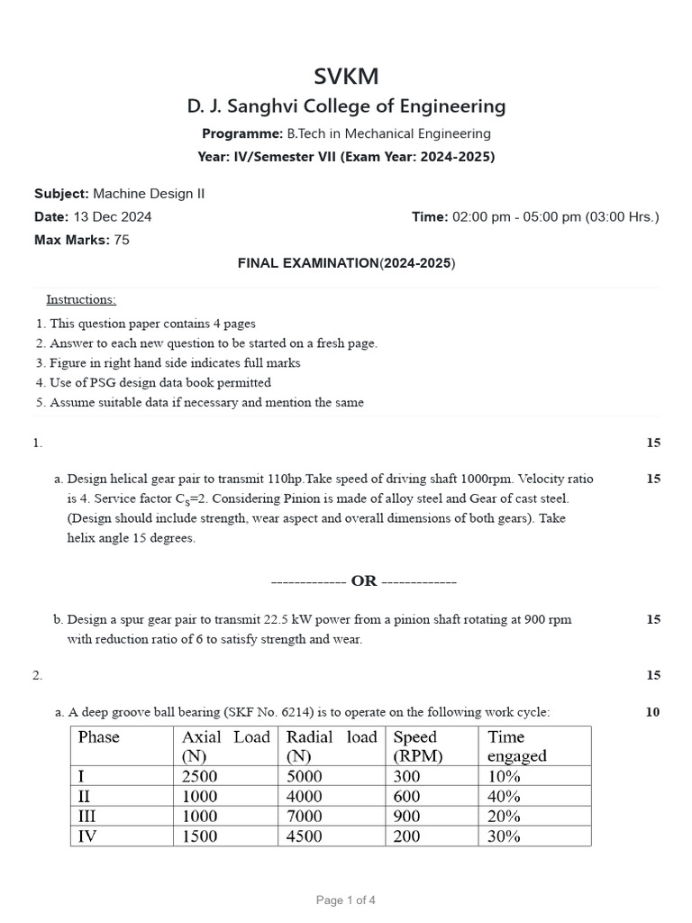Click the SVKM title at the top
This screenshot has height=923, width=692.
pyautogui.click(x=346, y=76)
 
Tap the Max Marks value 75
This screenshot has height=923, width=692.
pyautogui.click(x=122, y=240)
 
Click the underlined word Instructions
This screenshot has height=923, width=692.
pyautogui.click(x=81, y=299)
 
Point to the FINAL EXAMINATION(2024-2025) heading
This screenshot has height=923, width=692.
pyautogui.click(x=346, y=263)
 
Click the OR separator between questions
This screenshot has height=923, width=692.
pyautogui.click(x=364, y=581)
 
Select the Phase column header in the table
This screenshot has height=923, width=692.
pyautogui.click(x=98, y=737)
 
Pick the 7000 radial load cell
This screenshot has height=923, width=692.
pyautogui.click(x=306, y=816)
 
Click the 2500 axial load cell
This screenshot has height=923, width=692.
pyautogui.click(x=199, y=776)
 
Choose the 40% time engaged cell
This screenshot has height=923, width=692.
pyautogui.click(x=504, y=796)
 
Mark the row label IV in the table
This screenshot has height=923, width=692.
pyautogui.click(x=88, y=836)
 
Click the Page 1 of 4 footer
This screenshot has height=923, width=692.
pyautogui.click(x=346, y=900)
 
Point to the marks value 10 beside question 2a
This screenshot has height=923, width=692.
pyautogui.click(x=652, y=712)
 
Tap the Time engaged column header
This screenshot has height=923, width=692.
pyautogui.click(x=517, y=746)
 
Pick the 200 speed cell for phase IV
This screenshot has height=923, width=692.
pyautogui.click(x=406, y=836)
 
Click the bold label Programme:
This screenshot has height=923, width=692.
pyautogui.click(x=242, y=133)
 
